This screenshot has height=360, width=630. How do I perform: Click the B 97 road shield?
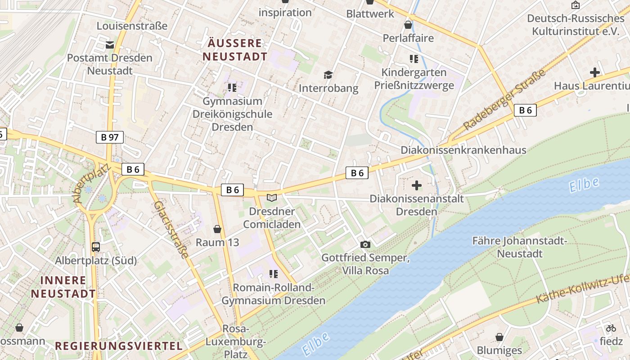tap(110, 137)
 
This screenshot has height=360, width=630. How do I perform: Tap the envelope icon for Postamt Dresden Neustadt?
tap(109, 45)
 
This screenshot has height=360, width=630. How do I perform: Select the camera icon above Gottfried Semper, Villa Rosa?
tap(365, 244)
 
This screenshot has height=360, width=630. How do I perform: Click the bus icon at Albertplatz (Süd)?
tap(96, 247)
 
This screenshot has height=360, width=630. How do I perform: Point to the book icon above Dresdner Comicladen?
tap(272, 198)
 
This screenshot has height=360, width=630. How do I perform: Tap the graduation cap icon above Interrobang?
tap(328, 75)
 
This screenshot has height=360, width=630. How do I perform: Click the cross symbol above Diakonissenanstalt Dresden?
tap(417, 185)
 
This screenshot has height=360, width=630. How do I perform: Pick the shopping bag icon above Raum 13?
tap(218, 229)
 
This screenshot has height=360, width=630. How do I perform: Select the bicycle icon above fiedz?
tap(611, 328)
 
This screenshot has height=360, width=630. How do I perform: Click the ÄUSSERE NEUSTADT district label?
tap(234, 50)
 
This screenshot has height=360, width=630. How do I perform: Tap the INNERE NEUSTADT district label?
tap(63, 287)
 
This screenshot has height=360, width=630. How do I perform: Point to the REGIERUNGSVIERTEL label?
tap(119, 346)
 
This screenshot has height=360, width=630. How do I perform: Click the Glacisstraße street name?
tap(171, 229)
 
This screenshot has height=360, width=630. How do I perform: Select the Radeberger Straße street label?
tap(504, 100)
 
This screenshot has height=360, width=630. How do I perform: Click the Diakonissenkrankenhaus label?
tap(463, 150)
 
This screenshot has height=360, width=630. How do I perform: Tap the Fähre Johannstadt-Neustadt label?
tap(520, 247)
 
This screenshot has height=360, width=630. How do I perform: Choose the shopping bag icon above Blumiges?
tap(499, 337)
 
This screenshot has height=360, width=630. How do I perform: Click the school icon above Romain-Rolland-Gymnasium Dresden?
tap(273, 274)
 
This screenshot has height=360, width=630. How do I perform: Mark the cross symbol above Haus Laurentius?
tap(595, 72)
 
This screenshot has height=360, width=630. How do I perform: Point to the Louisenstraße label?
tap(132, 26)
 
